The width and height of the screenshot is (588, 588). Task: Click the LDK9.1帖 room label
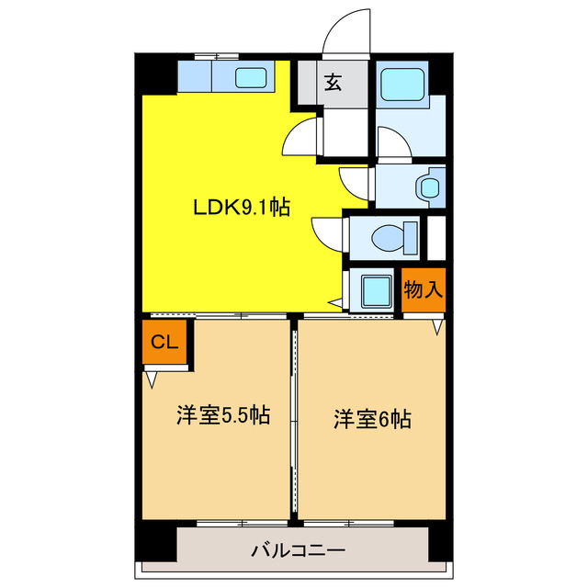241,208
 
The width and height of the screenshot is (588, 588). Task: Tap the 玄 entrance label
332,83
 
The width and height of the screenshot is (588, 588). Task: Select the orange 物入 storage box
424,290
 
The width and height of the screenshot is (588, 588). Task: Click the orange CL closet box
164,343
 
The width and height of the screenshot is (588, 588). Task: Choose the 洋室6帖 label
371,420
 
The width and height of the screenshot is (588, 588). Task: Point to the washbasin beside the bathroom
429,187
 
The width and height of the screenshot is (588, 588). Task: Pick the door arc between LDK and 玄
299,141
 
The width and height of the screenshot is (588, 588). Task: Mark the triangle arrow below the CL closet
152,379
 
